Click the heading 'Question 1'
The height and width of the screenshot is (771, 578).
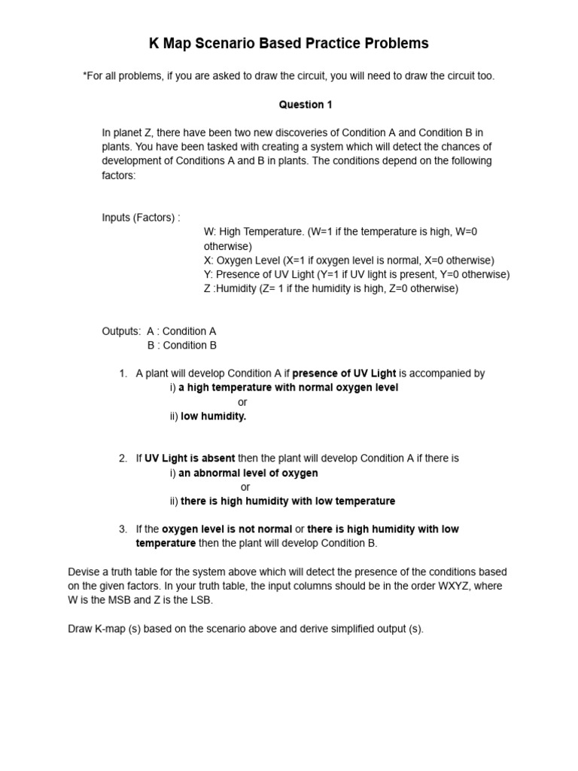click(306, 105)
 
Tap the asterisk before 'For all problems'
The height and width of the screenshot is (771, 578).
click(85, 77)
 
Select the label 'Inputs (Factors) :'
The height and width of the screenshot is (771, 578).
click(141, 218)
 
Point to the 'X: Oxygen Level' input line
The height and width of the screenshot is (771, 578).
click(348, 261)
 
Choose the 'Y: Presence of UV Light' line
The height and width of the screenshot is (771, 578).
click(356, 274)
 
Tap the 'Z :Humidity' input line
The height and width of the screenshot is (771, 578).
click(330, 288)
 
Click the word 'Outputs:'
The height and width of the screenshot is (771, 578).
click(121, 331)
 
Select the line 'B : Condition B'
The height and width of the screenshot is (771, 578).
click(181, 346)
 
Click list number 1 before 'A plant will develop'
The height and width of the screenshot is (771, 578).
click(123, 373)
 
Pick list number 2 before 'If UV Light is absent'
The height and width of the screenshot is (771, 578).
click(123, 459)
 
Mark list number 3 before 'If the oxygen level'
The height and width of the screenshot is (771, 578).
click(123, 529)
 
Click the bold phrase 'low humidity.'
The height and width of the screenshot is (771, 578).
click(213, 416)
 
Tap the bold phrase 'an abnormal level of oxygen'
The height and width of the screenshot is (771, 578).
click(248, 474)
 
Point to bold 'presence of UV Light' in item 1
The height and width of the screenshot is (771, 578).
click(344, 373)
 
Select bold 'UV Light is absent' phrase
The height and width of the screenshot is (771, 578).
click(190, 459)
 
